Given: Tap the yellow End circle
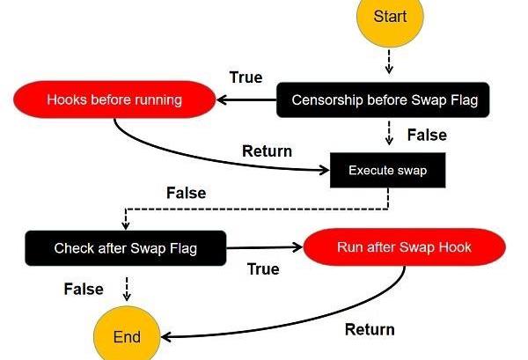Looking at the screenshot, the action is click(x=127, y=335).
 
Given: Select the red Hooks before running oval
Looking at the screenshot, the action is click(x=114, y=99).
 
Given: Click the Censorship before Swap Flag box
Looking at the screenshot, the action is click(x=383, y=100).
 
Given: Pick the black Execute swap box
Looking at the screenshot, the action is click(x=387, y=170).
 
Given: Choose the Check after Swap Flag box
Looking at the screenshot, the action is click(x=126, y=248).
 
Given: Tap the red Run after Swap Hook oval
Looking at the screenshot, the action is click(x=405, y=246).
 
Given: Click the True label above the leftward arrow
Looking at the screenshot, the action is click(x=246, y=77).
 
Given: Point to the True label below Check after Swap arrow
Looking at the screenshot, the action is click(x=263, y=269).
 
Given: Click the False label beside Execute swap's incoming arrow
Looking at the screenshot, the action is click(x=427, y=135).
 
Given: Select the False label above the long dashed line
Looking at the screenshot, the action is click(x=187, y=193).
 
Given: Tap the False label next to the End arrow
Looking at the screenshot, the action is click(x=84, y=289).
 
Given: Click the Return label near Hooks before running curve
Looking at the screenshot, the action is click(x=267, y=151).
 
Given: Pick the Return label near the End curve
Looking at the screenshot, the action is click(x=370, y=329).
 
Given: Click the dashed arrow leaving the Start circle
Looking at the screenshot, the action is click(x=389, y=62).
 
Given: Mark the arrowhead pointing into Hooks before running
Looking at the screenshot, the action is click(x=221, y=100).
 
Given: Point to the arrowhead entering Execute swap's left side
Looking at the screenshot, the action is click(x=325, y=170).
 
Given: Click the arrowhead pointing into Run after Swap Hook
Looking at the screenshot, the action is click(x=298, y=247).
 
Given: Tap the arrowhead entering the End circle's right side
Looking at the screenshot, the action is click(x=166, y=337).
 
